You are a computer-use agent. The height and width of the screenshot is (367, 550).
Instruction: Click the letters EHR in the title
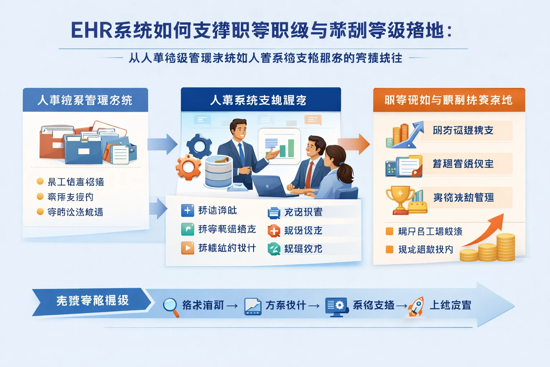(x=92, y=30)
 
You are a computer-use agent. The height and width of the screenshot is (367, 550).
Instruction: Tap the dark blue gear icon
(x=199, y=146)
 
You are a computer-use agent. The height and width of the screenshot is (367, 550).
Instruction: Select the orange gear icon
(x=188, y=167)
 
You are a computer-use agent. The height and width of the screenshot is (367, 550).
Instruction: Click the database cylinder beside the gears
(x=218, y=172)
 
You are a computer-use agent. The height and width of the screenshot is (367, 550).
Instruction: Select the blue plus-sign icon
(x=188, y=210)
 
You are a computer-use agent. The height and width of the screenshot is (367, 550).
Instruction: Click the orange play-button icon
(x=188, y=248)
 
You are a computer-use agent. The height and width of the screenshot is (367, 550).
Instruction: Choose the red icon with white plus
(x=274, y=231)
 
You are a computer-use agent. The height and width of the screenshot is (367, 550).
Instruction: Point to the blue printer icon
(x=274, y=213)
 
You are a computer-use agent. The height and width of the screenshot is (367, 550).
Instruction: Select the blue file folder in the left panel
(x=83, y=150)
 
